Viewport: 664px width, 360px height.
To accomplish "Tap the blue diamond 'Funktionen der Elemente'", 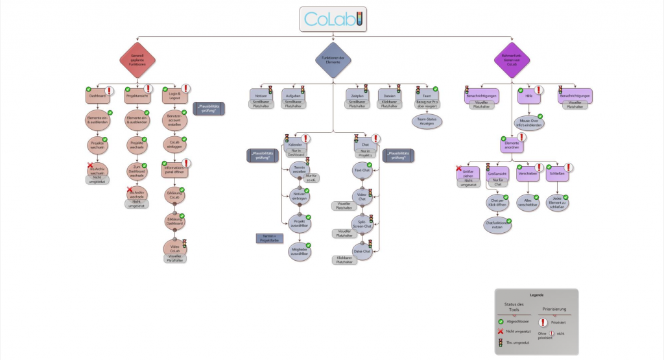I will click(x=332, y=60).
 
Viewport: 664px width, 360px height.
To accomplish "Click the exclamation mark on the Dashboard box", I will click(x=110, y=90).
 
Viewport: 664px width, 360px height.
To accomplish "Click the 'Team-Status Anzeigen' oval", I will click(x=426, y=121).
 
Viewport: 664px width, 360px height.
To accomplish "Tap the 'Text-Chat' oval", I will click(x=362, y=171).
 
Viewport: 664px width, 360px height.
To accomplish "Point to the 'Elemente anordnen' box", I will click(x=512, y=144).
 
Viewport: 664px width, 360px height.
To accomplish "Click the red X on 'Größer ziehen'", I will click(x=459, y=169).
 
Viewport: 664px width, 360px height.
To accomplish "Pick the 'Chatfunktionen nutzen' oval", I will click(x=496, y=224).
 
